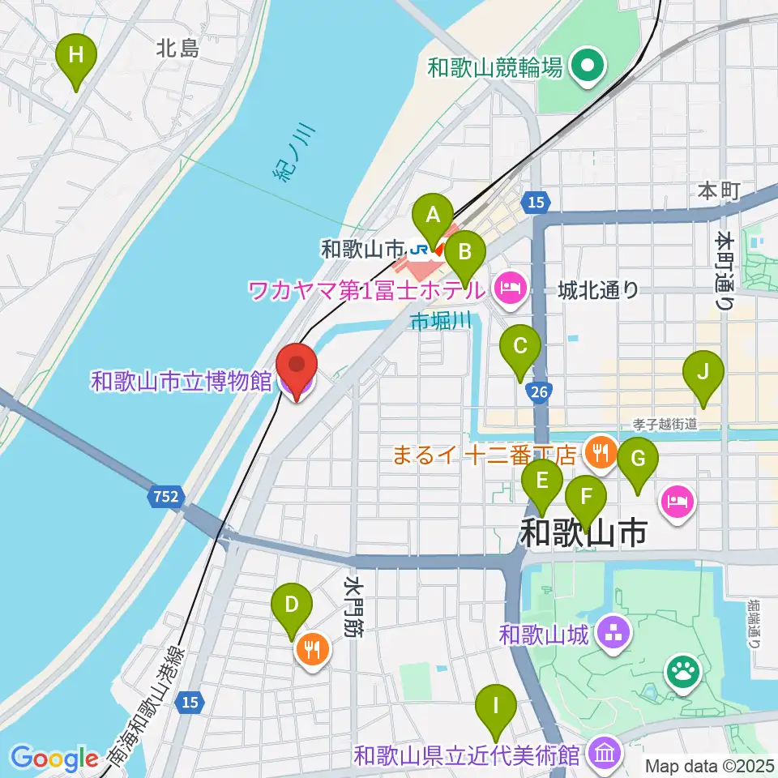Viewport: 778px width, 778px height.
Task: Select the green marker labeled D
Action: click(x=293, y=607)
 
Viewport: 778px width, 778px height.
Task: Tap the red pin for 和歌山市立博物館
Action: click(x=296, y=369)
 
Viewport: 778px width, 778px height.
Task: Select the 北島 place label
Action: click(x=177, y=49)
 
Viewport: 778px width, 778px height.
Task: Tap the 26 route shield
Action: click(x=538, y=393)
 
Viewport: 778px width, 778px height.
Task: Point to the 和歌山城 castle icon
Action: click(x=614, y=635)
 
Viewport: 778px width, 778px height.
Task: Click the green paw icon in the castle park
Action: click(x=683, y=671)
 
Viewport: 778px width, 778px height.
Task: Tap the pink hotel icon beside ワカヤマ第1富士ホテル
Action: click(x=509, y=288)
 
